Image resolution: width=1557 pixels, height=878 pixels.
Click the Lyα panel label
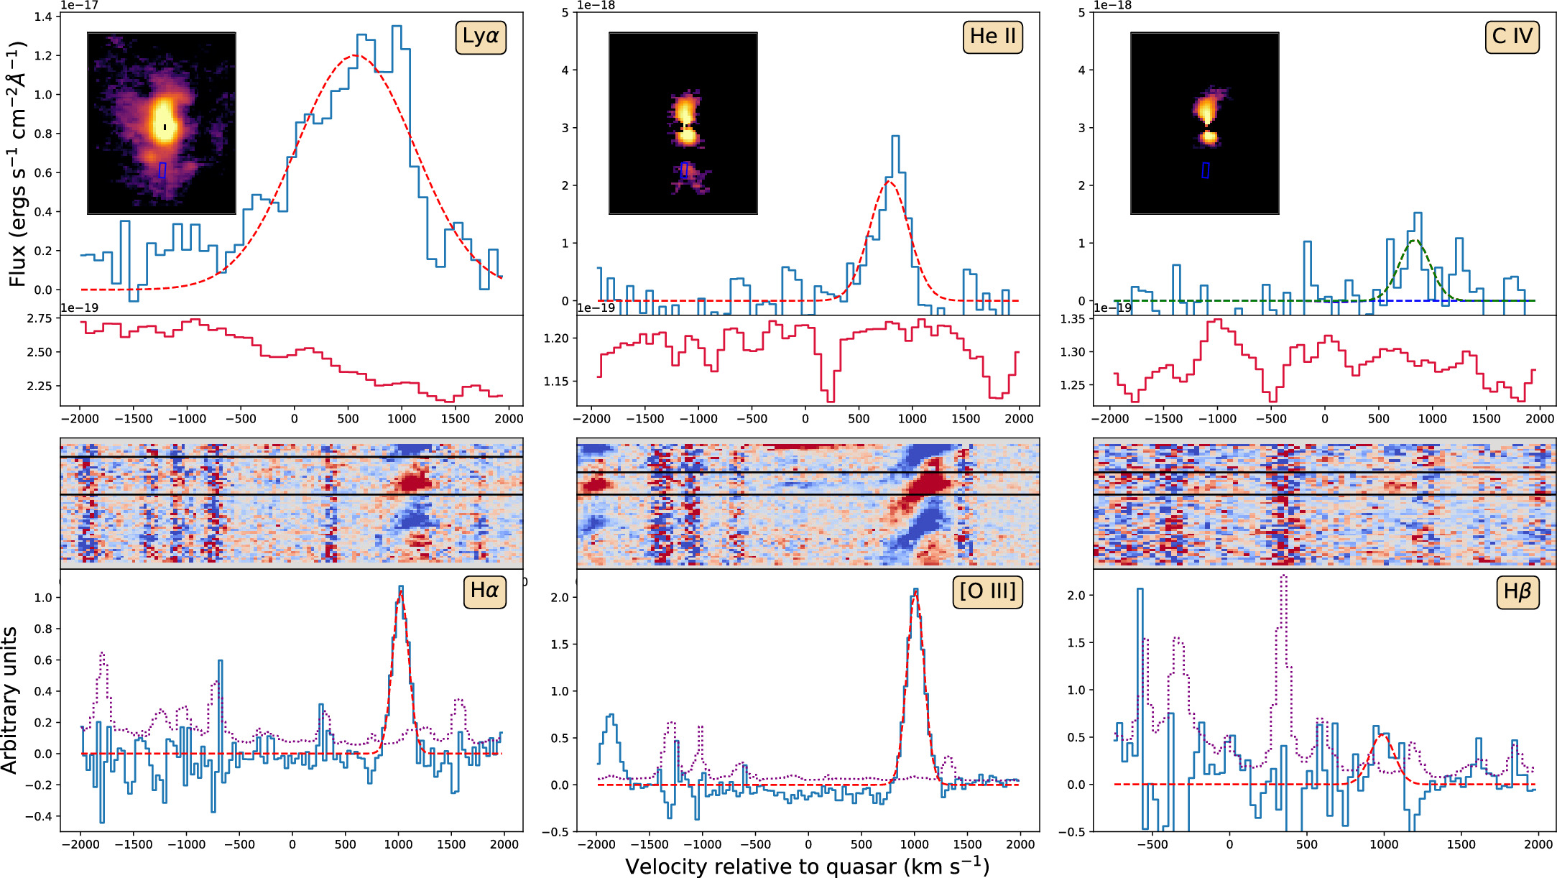(481, 37)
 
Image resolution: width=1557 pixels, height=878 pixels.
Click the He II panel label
(992, 37)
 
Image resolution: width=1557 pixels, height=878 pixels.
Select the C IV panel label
(1512, 37)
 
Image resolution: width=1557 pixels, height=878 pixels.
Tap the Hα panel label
(484, 591)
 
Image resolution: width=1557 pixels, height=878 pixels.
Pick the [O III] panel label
(987, 591)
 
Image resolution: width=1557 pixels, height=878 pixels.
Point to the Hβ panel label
(1517, 591)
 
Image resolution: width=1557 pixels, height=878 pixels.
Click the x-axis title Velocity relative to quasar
(807, 867)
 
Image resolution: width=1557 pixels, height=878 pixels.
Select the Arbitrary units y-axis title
(10, 700)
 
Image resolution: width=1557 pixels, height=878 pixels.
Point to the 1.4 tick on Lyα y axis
(43, 17)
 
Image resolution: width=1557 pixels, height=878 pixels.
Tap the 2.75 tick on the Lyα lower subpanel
(39, 318)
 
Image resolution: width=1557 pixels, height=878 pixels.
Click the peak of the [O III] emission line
(915, 591)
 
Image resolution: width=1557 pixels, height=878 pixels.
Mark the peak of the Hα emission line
(400, 588)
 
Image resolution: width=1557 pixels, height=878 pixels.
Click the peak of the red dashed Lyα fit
(354, 56)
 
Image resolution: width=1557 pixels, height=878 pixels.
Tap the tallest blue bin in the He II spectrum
(895, 137)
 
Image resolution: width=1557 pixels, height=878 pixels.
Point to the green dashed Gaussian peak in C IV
(1414, 241)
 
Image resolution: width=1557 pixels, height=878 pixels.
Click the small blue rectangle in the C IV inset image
(1205, 170)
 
